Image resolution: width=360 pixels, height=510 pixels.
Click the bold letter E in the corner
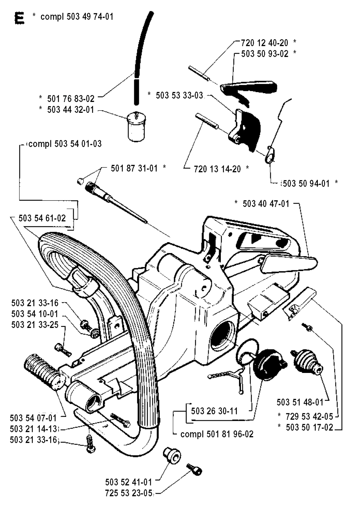point(19,18)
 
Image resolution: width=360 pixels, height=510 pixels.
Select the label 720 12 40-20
point(264,43)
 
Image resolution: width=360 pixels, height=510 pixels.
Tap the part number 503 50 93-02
point(265,54)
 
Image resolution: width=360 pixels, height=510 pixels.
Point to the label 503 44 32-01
point(71,110)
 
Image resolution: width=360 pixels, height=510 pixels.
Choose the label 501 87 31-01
point(134,168)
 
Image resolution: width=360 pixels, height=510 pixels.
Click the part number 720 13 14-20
point(217,169)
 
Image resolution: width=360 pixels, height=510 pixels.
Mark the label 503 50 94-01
point(306,183)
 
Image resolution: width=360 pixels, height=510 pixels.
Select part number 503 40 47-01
point(266,204)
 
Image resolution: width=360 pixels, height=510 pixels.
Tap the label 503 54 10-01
point(35,314)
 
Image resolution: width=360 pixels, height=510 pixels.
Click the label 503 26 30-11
point(214,411)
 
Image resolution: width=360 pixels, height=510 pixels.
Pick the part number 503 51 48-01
point(300,402)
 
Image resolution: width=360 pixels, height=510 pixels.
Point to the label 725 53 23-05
point(129,493)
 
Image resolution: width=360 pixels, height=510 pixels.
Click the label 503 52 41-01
point(129,482)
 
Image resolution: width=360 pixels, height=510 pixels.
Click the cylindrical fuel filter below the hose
point(136,126)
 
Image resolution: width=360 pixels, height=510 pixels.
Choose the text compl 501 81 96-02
point(217,434)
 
